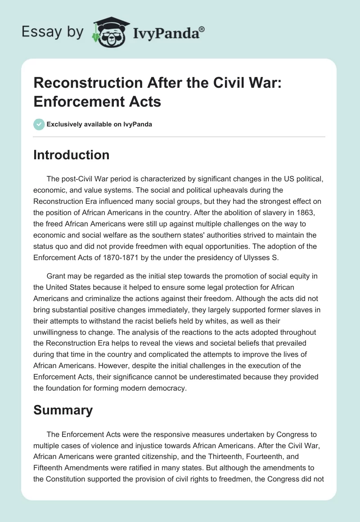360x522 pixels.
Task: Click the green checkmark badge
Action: (39, 125)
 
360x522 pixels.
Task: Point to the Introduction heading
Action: (72, 155)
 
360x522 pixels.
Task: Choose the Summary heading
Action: (63, 410)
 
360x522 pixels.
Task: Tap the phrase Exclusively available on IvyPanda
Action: (99, 125)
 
